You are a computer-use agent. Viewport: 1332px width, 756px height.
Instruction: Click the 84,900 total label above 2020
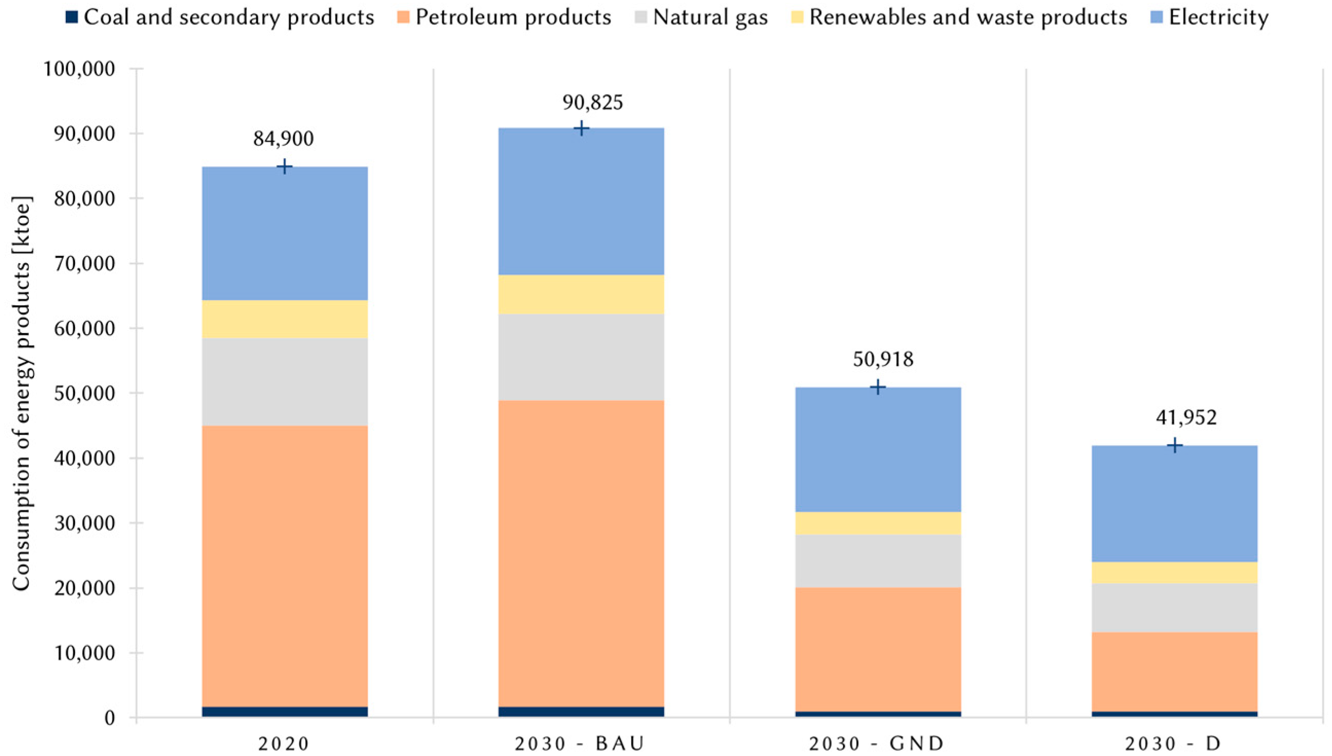click(x=284, y=139)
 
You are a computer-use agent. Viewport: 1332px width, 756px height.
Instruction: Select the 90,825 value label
click(x=593, y=102)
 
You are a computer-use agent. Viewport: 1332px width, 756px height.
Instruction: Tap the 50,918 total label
click(x=883, y=359)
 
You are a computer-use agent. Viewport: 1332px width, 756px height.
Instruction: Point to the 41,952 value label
click(x=1186, y=417)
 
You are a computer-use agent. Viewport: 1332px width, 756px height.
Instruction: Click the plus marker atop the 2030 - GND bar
click(x=877, y=388)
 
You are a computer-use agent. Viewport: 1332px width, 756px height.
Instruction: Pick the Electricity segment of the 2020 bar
click(x=285, y=234)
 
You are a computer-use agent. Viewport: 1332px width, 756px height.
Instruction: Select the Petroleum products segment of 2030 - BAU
click(x=581, y=553)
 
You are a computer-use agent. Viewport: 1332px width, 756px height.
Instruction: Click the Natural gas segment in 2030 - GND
click(x=878, y=561)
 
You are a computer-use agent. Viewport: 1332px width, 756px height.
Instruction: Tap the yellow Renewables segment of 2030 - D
click(x=1174, y=572)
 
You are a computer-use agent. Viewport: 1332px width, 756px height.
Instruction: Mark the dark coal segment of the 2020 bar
click(x=285, y=711)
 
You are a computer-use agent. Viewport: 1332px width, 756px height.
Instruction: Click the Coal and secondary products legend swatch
click(x=72, y=17)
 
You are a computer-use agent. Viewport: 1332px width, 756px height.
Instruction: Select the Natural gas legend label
click(x=710, y=17)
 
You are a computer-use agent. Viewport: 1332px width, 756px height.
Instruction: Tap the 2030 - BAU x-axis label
click(x=580, y=744)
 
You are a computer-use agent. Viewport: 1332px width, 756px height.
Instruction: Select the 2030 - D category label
click(x=1175, y=744)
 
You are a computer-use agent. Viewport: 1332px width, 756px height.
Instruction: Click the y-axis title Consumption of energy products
click(x=22, y=393)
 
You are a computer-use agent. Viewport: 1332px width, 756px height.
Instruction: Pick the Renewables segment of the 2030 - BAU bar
click(x=581, y=294)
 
